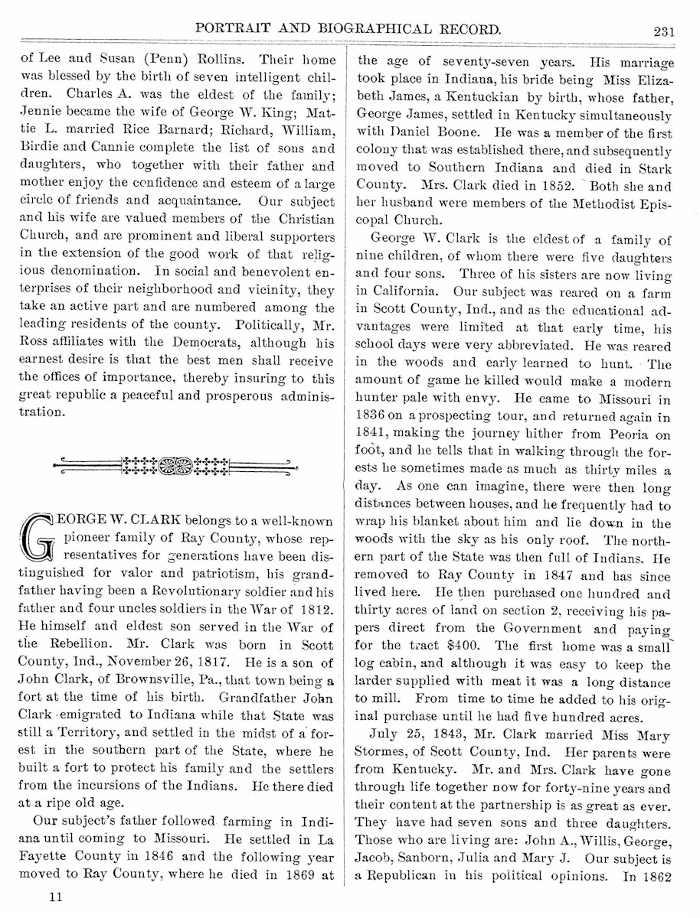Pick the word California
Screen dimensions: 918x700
point(399,291)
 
